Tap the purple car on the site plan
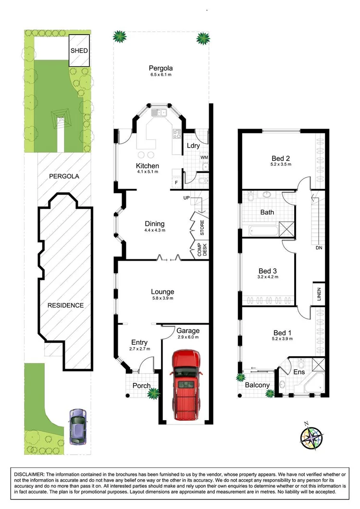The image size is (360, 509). [x=77, y=426]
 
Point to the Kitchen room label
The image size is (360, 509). [x=147, y=166]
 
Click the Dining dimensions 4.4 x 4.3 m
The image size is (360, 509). [x=154, y=230]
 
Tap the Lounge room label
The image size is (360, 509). [x=162, y=291]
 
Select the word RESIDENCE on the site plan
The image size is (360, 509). [x=65, y=305]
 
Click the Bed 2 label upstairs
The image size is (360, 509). [x=281, y=158]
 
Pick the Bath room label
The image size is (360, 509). [x=267, y=212]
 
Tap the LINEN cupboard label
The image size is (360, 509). [x=319, y=294]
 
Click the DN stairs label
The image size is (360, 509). [x=319, y=249]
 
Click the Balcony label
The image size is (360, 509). [x=257, y=385]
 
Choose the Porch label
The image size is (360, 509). [x=141, y=386]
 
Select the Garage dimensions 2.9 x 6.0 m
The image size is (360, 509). [x=187, y=338]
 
